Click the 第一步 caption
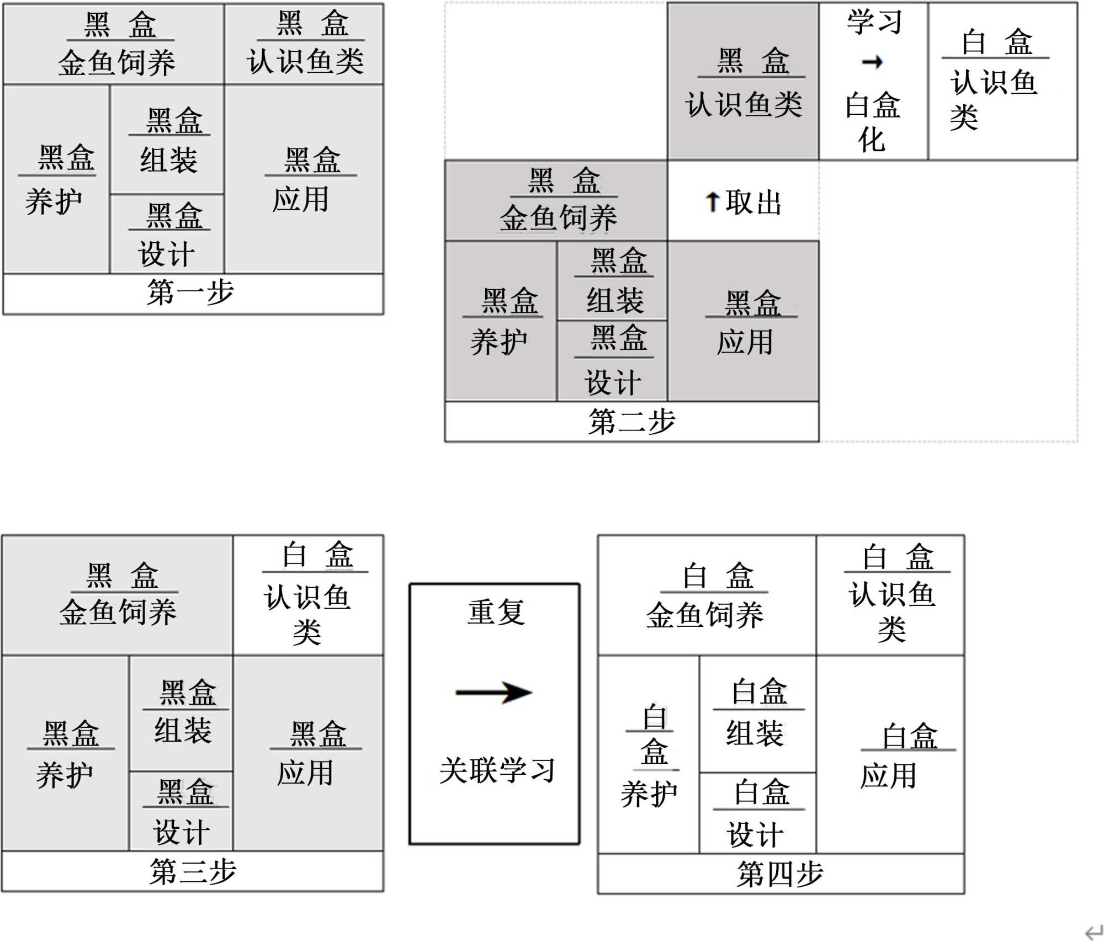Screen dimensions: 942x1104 tap(190, 292)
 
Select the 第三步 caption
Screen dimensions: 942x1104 tap(193, 871)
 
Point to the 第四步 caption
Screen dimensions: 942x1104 tap(780, 874)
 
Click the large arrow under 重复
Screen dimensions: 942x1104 tap(494, 693)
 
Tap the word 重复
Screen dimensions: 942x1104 tap(496, 613)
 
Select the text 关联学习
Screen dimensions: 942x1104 tap(496, 770)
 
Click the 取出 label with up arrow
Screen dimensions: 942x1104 tap(743, 202)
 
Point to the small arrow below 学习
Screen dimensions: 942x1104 tap(872, 62)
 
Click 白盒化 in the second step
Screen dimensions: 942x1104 tap(872, 121)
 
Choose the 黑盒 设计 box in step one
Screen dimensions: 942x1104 tap(167, 234)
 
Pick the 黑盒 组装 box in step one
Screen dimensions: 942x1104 tap(167, 140)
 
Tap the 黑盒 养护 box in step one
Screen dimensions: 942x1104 tap(56, 179)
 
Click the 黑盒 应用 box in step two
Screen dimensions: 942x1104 tap(743, 321)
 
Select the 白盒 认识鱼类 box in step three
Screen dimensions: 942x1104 tap(308, 595)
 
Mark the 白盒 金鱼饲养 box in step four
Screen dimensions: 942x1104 tap(707, 595)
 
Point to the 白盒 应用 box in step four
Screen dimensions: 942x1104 tap(890, 755)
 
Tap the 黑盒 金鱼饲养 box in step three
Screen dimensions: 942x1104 tap(118, 595)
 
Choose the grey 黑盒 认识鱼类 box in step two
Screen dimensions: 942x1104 tap(743, 82)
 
